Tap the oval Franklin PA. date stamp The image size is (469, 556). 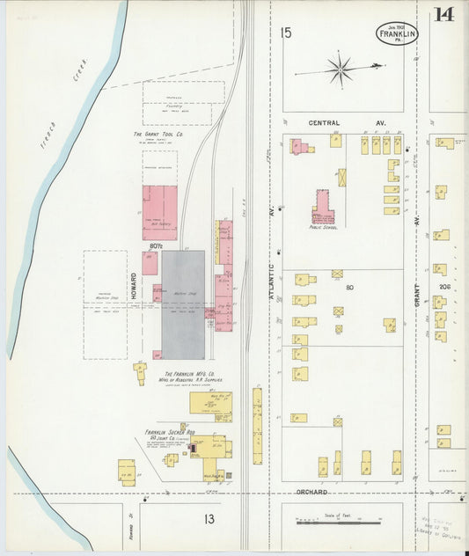pos(399,33)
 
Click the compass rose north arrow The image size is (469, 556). pos(340,68)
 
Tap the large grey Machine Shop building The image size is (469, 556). pos(183,304)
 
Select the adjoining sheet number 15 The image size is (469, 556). pos(285,33)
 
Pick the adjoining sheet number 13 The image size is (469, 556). pos(209,519)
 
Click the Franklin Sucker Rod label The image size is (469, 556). pos(170,432)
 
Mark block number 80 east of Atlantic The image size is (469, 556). pos(349,287)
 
